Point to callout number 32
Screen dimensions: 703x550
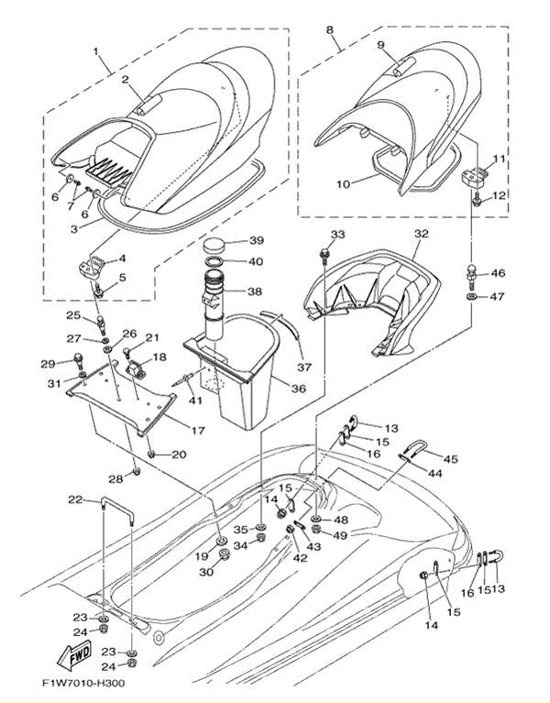[422, 235]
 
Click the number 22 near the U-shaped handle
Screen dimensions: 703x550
[75, 500]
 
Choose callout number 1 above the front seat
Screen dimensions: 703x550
[95, 49]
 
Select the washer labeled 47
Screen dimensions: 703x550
[470, 298]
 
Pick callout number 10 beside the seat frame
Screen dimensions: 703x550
[343, 184]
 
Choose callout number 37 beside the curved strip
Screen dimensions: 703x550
[303, 368]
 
